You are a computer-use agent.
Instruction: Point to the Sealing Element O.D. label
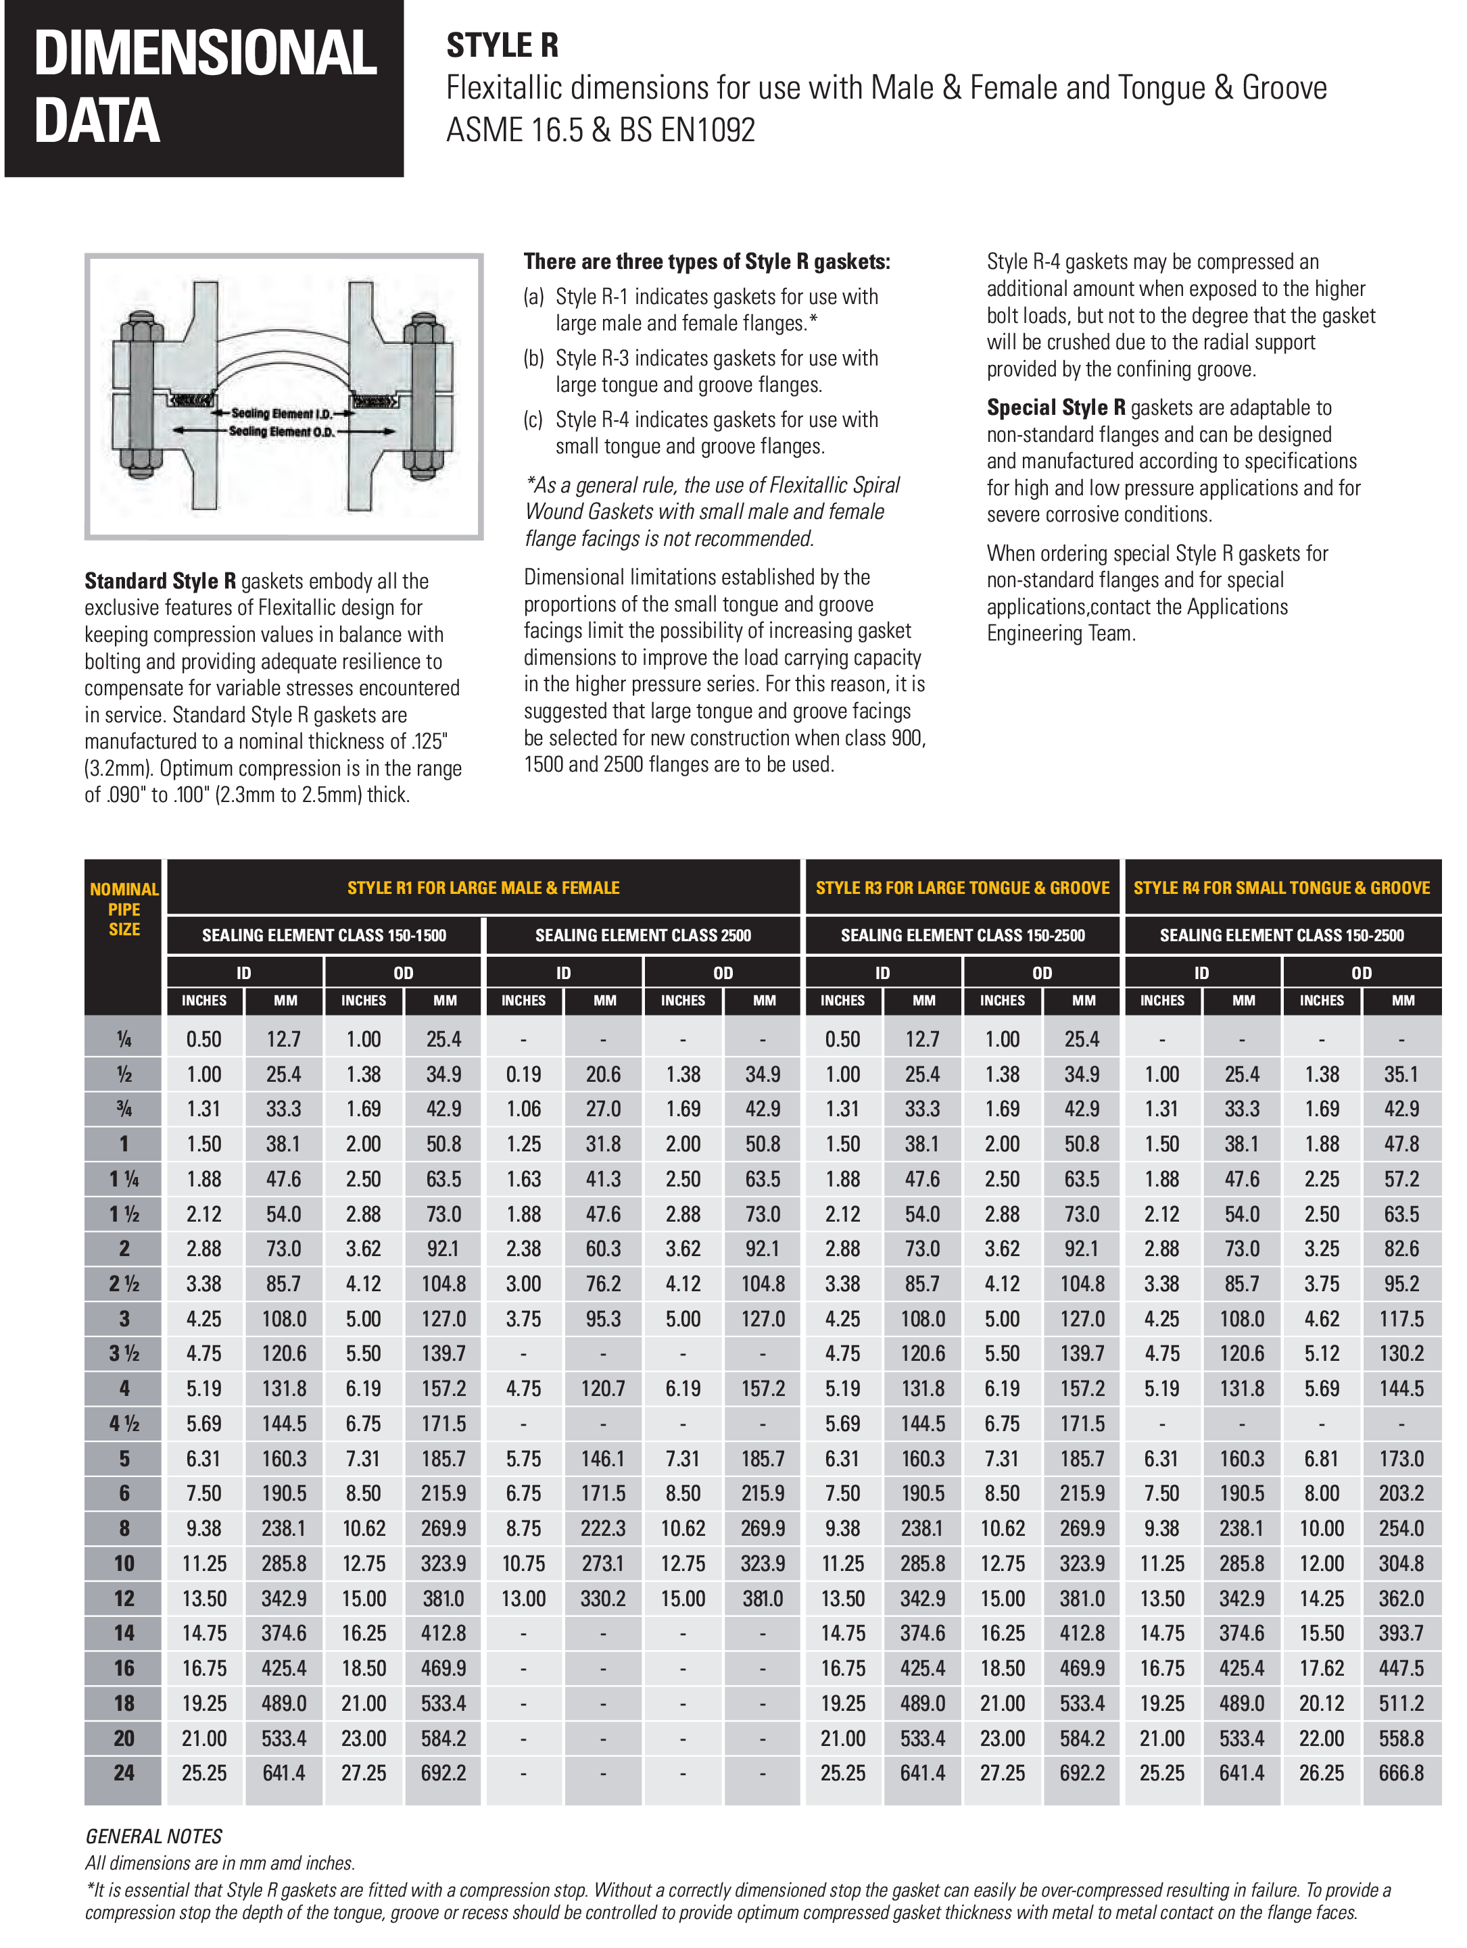point(281,432)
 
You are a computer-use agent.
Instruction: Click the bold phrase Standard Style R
point(160,581)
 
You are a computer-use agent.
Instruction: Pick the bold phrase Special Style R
point(1055,407)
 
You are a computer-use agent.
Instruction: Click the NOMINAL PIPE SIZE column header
point(124,909)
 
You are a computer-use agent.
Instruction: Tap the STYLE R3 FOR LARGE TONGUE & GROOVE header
point(962,888)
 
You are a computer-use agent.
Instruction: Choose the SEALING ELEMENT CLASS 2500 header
point(642,935)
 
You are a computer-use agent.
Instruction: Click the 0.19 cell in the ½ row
point(523,1074)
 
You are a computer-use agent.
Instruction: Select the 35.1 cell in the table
point(1401,1074)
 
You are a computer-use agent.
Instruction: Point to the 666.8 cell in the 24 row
point(1401,1773)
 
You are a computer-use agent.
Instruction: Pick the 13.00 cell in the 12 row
point(523,1599)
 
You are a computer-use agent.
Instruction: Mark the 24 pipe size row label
point(124,1773)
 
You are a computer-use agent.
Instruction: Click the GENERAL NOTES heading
point(153,1836)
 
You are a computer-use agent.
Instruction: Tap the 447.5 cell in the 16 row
point(1401,1668)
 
